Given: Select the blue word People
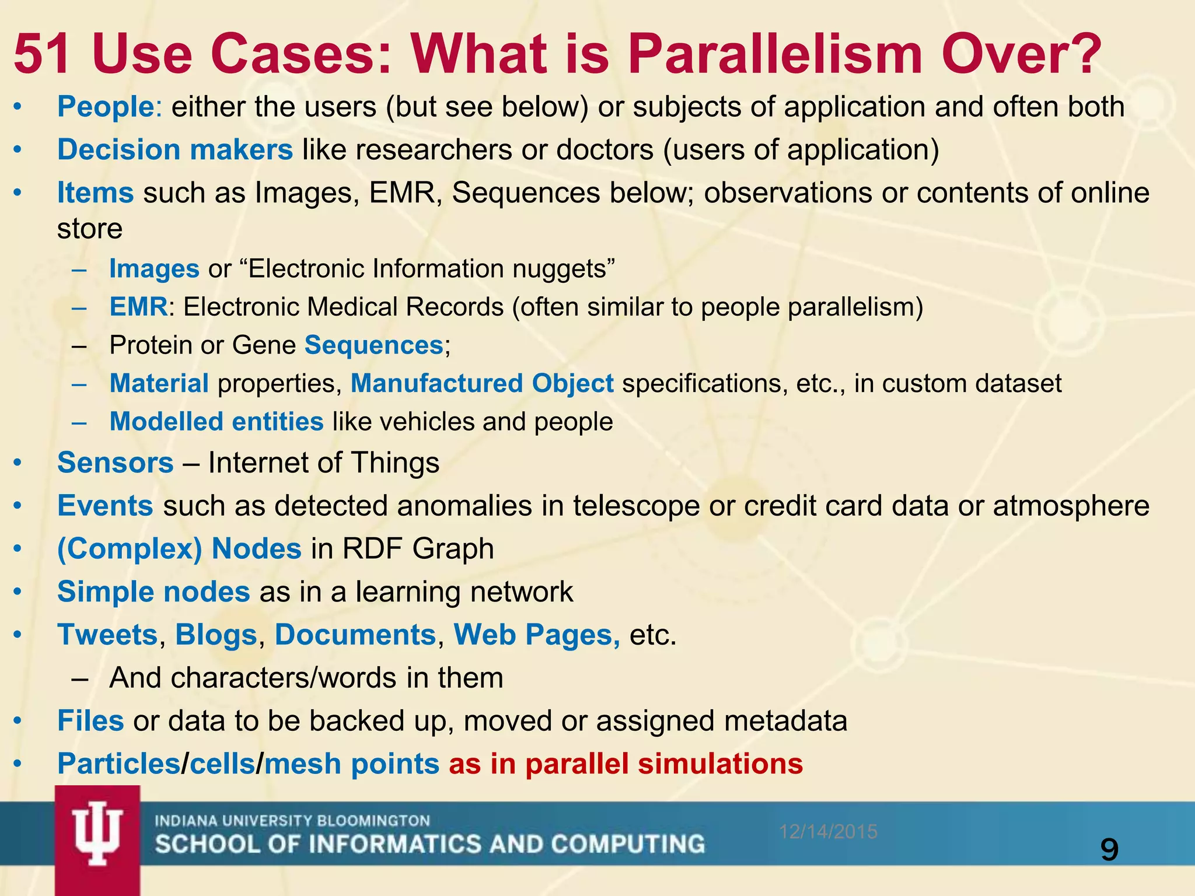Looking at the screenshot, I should point(105,107).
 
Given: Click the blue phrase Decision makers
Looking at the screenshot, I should point(174,150).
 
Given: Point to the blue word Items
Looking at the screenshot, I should point(95,193).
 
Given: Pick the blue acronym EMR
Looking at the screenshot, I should point(138,307).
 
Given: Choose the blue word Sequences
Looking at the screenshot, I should point(373,345).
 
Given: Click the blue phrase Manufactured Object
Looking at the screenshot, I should point(482,384).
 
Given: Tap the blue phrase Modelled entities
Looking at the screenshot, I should point(216,422).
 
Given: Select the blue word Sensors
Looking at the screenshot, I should point(116,463).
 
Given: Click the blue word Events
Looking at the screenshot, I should point(105,506).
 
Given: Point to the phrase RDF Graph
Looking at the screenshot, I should point(418,549).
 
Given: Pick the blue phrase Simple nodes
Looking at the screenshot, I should point(153,592).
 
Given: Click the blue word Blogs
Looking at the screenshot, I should point(216,635).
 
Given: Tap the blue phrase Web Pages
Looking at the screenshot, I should point(537,635).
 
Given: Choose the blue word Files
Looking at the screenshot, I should point(90,721).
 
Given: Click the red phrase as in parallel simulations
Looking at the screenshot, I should point(626,764).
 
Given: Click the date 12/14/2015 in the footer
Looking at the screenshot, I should point(828,831).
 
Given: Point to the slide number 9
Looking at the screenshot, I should point(1109,850).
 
